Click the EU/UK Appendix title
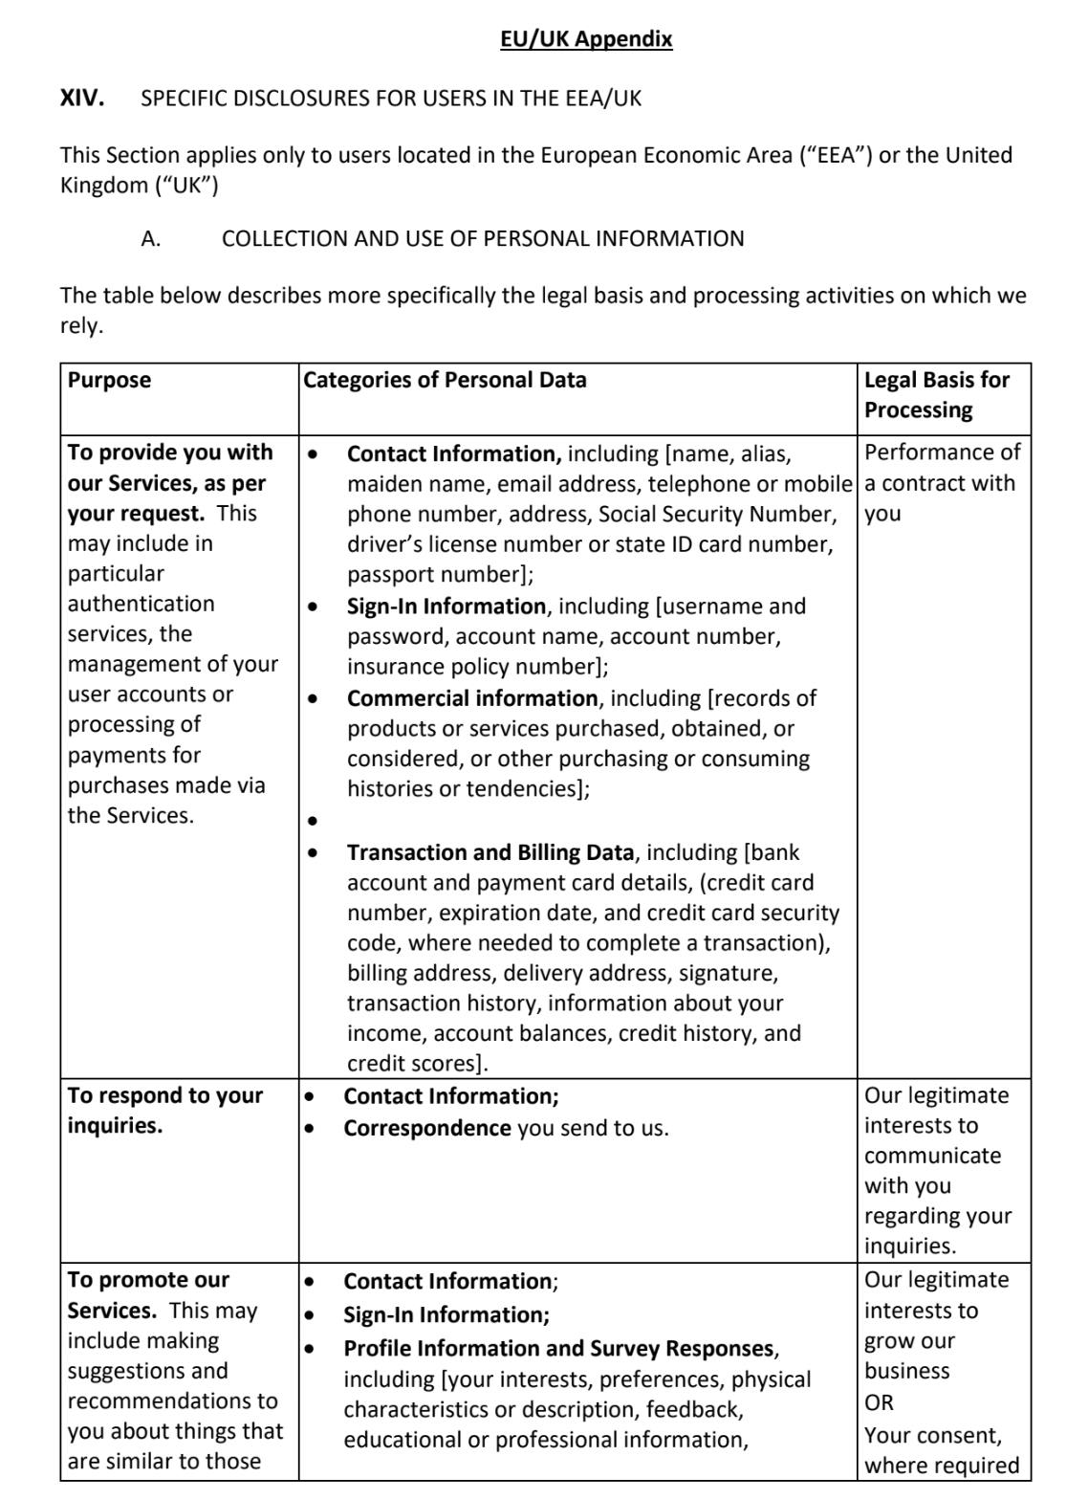tap(586, 39)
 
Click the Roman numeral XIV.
tap(82, 98)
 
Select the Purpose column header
tap(109, 380)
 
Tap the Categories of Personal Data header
tap(445, 380)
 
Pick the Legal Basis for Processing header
tap(936, 394)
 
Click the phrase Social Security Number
tap(717, 514)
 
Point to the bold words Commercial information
tap(472, 698)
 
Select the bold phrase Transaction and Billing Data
tap(490, 852)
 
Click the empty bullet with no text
tap(312, 821)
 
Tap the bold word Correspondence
tap(427, 1128)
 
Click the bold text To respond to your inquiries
tap(164, 1110)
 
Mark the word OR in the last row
tap(879, 1402)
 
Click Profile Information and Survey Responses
tap(559, 1348)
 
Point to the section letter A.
tap(150, 239)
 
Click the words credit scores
tap(411, 1063)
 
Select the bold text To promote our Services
tap(148, 1294)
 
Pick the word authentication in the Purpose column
tap(141, 604)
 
